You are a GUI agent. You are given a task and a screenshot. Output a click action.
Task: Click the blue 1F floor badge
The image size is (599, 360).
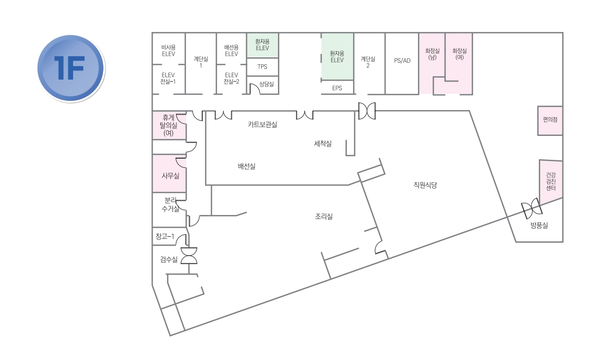[71, 69]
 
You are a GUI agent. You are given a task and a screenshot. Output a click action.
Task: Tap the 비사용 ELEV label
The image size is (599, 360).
[168, 51]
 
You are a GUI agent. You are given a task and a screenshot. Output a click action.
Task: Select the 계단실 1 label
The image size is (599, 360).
[201, 62]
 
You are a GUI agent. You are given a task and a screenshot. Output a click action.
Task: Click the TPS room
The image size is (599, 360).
[262, 67]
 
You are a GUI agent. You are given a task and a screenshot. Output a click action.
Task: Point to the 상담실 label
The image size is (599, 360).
[267, 84]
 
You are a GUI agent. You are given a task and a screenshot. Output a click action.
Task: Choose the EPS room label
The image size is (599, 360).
[337, 88]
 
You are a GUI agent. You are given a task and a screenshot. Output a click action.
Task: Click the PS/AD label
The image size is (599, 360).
[402, 61]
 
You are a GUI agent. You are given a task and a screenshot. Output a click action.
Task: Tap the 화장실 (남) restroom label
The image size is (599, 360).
[433, 54]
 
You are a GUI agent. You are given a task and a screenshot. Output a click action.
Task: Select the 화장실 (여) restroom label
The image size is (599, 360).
[460, 54]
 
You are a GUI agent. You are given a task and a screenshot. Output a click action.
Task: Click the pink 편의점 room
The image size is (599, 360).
[550, 121]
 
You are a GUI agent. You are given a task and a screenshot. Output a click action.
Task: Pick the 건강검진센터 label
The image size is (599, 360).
[551, 182]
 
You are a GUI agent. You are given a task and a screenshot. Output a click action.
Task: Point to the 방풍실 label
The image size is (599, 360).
[540, 226]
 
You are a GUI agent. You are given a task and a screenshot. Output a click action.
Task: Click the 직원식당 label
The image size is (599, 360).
[425, 185]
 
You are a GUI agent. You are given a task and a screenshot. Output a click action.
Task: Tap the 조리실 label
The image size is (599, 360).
[324, 217]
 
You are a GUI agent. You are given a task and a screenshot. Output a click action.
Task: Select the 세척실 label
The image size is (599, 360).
[323, 143]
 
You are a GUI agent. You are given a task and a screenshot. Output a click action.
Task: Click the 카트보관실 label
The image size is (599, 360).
[262, 124]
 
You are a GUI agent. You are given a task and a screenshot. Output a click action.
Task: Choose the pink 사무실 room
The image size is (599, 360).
[169, 173]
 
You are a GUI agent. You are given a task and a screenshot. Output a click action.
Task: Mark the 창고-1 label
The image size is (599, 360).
[165, 237]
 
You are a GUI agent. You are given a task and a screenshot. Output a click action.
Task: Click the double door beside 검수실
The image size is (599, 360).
[189, 256]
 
